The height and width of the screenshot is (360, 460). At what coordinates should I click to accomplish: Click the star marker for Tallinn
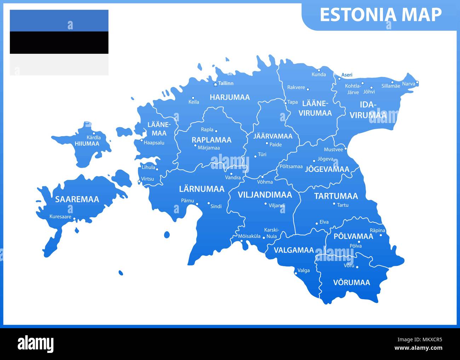click(x=215, y=84)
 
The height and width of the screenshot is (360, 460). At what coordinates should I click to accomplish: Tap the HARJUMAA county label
click(x=230, y=97)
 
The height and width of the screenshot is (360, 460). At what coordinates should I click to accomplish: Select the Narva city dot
click(x=417, y=83)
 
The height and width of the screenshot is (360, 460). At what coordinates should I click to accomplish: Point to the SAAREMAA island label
click(x=77, y=199)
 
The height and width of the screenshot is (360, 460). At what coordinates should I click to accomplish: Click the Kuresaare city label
click(x=60, y=217)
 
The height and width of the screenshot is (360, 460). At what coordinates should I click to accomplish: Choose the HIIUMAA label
click(x=87, y=144)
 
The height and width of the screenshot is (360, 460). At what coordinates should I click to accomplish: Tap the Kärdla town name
click(x=93, y=138)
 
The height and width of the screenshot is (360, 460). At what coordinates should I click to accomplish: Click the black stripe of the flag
click(x=59, y=42)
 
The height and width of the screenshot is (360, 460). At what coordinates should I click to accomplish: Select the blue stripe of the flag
click(x=59, y=21)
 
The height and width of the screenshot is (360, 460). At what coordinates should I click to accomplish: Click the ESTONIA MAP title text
click(x=380, y=15)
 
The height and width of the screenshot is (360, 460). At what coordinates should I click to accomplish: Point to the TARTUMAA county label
click(x=336, y=196)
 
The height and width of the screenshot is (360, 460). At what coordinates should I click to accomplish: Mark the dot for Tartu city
click(x=334, y=204)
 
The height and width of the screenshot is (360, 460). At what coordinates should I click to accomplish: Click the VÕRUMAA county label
click(x=351, y=283)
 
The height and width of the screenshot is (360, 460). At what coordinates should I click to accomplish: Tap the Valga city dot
click(x=296, y=273)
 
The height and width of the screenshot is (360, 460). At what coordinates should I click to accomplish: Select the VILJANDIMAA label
click(x=265, y=195)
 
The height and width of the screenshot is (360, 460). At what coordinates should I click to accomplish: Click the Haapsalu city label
click(x=154, y=143)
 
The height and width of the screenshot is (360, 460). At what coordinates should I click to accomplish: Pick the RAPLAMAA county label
click(x=211, y=140)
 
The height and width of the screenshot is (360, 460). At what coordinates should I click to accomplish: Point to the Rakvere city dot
click(x=308, y=89)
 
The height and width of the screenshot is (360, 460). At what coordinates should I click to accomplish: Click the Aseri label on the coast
click(x=347, y=75)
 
